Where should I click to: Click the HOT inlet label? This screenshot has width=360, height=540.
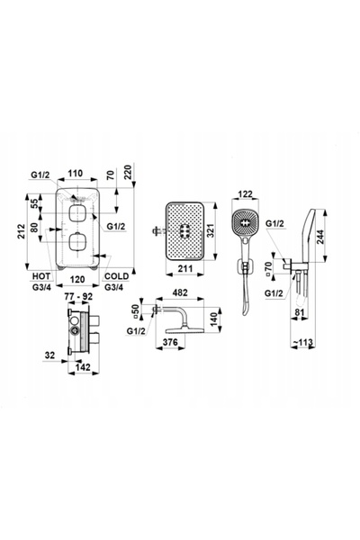coord(41,276)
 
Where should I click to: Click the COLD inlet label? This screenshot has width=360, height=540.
coord(116,276)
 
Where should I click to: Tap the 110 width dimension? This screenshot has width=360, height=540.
coord(76,173)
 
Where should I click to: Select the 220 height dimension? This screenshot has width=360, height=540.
coord(128,173)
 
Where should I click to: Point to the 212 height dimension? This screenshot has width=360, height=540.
coord(22,231)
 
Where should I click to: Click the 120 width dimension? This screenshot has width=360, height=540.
coord(77,279)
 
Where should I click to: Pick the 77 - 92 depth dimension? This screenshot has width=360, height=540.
coord(79,296)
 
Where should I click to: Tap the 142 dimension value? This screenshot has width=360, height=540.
coord(83,367)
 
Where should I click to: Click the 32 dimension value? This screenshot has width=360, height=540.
coord(50,355)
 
